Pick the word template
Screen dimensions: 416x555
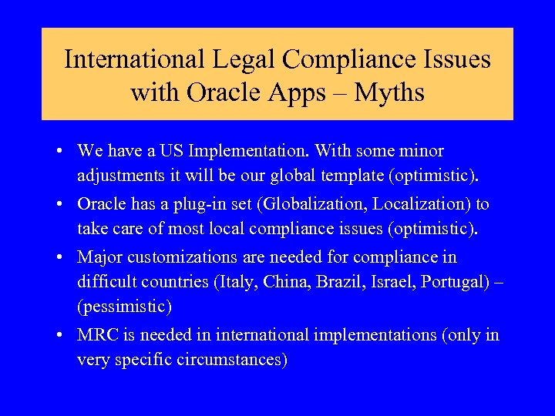click(350, 176)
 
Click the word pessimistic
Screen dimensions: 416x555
click(124, 307)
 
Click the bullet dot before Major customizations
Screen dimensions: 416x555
click(66, 257)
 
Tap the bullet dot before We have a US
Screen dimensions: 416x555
click(66, 152)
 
